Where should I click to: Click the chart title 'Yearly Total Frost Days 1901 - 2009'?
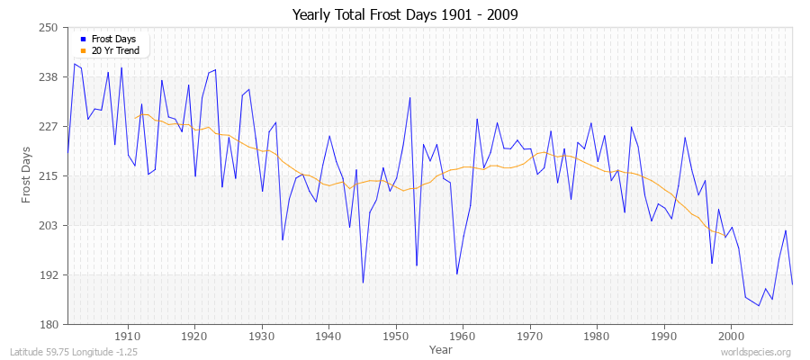[x=404, y=14]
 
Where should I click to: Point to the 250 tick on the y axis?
[x=49, y=28]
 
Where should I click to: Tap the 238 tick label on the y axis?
[x=49, y=77]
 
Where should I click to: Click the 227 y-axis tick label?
[x=49, y=127]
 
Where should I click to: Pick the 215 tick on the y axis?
[x=49, y=176]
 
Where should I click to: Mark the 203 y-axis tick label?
[x=49, y=226]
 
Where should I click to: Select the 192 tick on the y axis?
[x=49, y=275]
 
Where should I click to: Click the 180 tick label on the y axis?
[x=49, y=325]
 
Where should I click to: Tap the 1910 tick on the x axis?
[x=128, y=336]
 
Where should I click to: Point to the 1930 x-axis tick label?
[x=262, y=336]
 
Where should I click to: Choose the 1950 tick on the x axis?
[x=396, y=336]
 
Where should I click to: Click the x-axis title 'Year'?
[x=429, y=348]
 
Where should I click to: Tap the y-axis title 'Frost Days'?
[x=27, y=175]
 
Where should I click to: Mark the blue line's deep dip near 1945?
[x=363, y=283]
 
